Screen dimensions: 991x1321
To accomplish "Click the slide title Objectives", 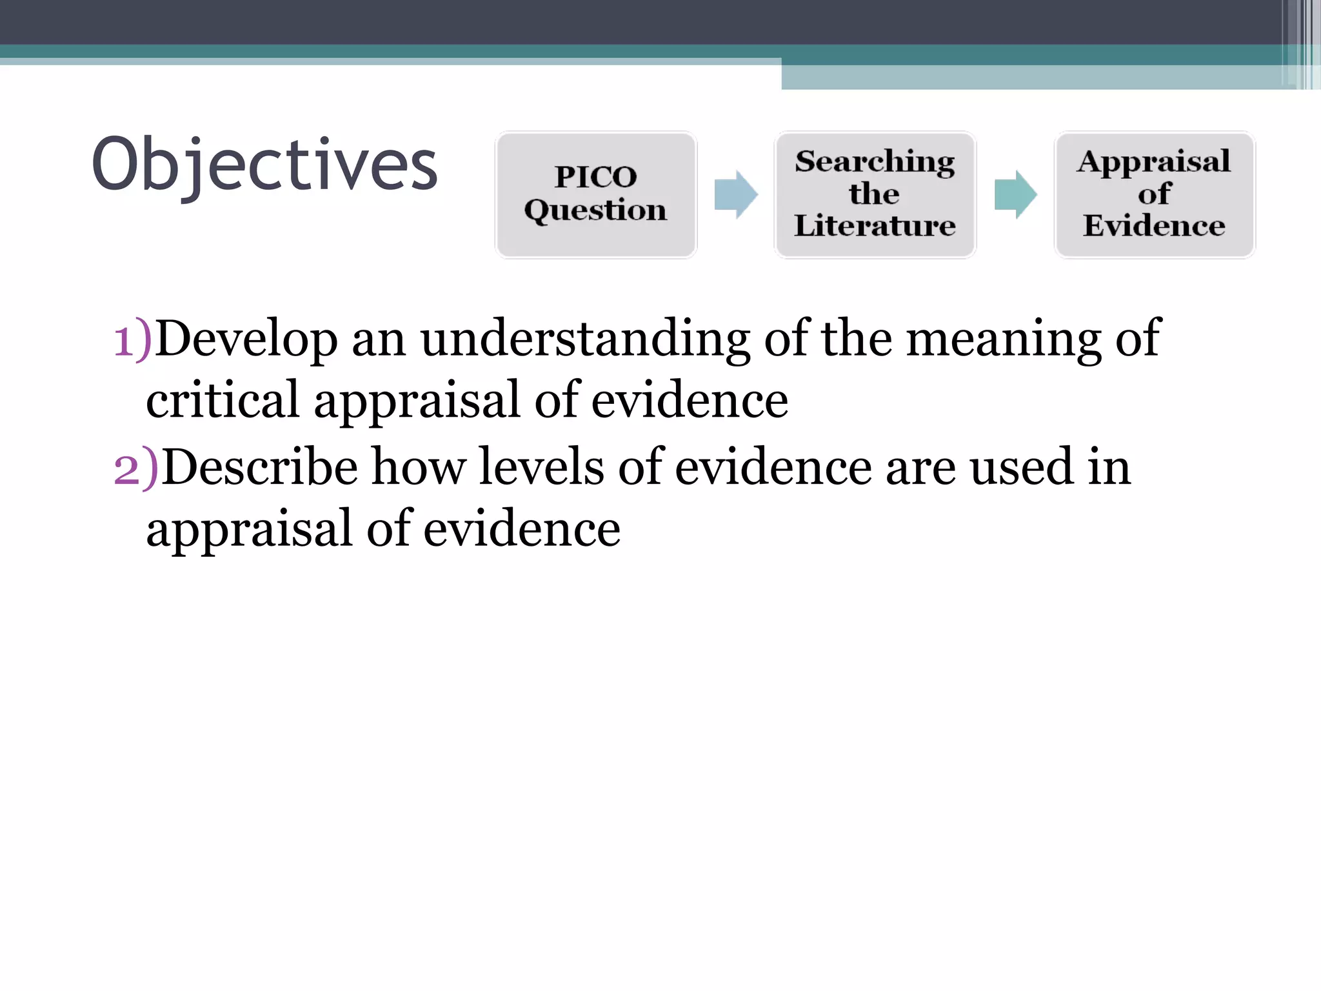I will tap(264, 165).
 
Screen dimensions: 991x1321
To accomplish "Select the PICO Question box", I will tap(595, 194).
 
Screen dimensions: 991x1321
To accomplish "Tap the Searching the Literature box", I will tap(875, 194).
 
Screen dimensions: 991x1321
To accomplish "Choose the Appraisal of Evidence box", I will tap(1154, 194).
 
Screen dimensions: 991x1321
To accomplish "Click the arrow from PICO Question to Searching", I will tap(735, 194).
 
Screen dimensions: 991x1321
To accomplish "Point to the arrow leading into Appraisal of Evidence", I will tap(1015, 194).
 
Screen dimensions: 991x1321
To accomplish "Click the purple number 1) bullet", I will tap(132, 339).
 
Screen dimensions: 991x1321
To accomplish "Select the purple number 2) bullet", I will tap(135, 468).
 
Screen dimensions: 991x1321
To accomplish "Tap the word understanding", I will tap(585, 339).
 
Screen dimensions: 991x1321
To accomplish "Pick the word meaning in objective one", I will tap(1004, 339).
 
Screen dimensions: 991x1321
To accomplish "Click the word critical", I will tap(223, 401).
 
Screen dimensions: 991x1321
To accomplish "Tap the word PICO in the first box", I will tap(595, 177).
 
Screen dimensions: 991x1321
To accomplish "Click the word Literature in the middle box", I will tap(875, 226).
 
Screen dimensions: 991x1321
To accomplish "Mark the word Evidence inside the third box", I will tap(1154, 226).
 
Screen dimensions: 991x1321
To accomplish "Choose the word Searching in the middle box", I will tap(875, 161).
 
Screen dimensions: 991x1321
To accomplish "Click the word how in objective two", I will tap(419, 467).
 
